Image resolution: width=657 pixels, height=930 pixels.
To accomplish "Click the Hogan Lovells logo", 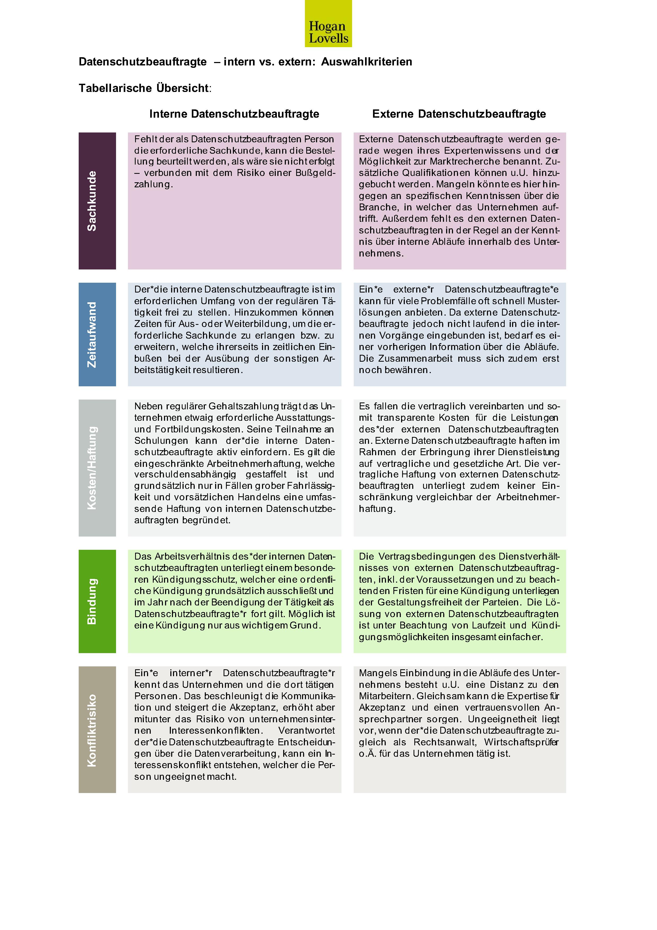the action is [x=328, y=24].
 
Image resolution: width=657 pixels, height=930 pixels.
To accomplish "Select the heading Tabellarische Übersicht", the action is [x=145, y=88].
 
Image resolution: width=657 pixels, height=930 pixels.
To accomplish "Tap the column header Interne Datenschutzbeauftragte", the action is [x=234, y=114].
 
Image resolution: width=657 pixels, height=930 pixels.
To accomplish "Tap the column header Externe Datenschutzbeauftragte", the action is [x=459, y=114].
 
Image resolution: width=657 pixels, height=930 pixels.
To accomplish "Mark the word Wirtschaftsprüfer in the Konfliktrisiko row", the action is [x=521, y=742].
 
